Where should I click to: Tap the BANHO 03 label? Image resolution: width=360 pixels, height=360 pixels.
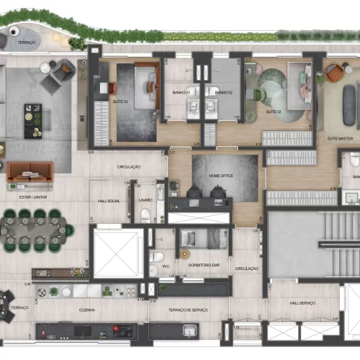[x=182, y=92]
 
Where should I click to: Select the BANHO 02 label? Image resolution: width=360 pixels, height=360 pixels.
[x=224, y=92]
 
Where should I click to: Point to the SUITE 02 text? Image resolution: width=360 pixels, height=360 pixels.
[x=273, y=112]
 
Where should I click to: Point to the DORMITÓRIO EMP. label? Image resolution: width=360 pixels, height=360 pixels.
[x=203, y=265]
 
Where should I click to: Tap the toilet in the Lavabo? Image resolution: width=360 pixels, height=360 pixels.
[x=146, y=215]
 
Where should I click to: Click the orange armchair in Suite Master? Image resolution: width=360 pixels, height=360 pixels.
[x=335, y=73]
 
